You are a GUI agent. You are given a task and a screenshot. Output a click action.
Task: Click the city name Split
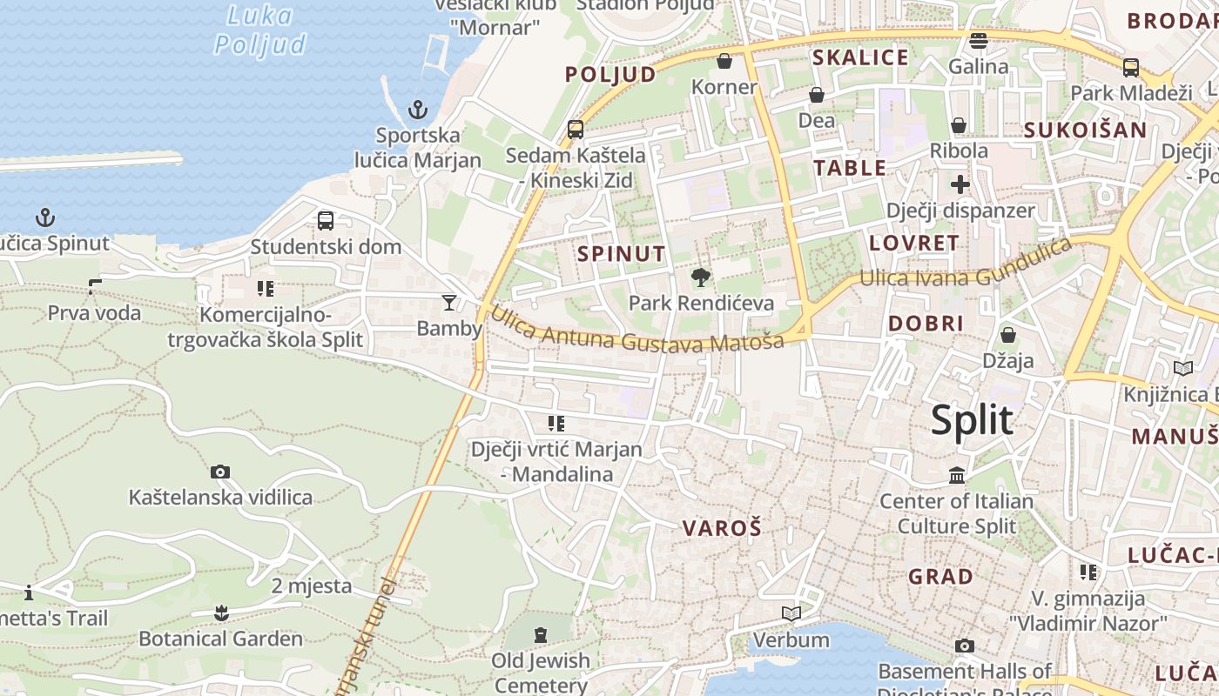(972, 421)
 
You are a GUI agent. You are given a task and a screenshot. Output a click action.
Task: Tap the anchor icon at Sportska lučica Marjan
(419, 110)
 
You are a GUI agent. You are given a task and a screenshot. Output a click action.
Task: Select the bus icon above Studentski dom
(325, 221)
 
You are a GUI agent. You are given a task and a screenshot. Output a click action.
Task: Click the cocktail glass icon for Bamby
(449, 302)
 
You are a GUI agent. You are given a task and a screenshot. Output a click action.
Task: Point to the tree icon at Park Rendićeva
(699, 278)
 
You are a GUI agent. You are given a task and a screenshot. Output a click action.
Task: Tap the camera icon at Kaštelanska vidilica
(220, 472)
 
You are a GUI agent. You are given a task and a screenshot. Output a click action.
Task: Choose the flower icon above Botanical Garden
(221, 612)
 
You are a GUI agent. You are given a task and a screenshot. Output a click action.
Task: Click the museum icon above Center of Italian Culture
(957, 475)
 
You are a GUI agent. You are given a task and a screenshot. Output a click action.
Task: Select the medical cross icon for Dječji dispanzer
(960, 184)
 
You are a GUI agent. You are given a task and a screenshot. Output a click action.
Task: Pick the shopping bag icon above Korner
(724, 61)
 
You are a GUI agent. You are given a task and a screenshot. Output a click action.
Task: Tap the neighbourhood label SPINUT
(622, 254)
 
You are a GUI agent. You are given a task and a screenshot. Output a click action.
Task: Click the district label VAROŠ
(722, 527)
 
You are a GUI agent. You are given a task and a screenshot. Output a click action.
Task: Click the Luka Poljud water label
(259, 30)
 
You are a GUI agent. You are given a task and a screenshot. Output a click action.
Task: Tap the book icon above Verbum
(791, 614)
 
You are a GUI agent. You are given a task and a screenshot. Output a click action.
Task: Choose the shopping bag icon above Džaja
(1008, 335)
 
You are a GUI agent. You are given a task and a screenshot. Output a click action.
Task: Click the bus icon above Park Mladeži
(1130, 67)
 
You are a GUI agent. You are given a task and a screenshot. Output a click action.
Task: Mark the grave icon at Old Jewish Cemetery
(541, 635)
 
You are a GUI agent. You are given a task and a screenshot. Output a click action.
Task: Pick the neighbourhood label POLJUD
(610, 74)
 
